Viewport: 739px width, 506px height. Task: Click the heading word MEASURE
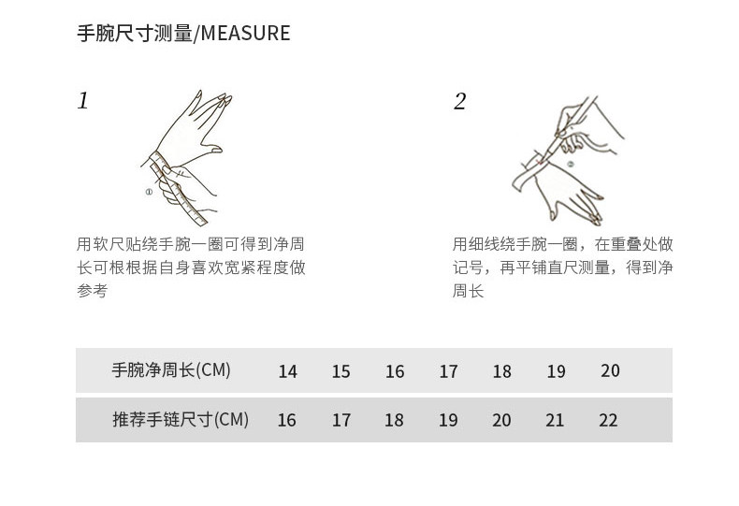[x=246, y=34]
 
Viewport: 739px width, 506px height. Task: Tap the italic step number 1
[x=83, y=101]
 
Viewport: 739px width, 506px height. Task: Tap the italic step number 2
[x=459, y=102]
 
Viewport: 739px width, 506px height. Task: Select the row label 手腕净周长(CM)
[x=171, y=370]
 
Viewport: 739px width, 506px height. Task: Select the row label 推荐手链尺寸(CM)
[x=181, y=420]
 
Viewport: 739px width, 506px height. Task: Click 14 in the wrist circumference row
[x=287, y=372]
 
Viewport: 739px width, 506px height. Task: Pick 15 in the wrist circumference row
[x=341, y=372]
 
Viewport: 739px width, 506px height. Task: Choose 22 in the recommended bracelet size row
[x=608, y=421]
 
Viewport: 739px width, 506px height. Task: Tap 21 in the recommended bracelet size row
[x=555, y=421]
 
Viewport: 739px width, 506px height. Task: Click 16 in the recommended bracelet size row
[x=286, y=421]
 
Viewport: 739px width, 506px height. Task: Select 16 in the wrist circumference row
[x=395, y=372]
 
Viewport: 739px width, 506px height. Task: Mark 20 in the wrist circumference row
[x=610, y=371]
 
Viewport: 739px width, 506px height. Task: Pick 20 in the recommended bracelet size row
[x=501, y=421]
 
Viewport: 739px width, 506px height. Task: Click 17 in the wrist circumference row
[x=448, y=372]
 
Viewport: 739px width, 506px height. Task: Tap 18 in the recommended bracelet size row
[x=394, y=421]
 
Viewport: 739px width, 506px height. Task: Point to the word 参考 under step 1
[x=92, y=292]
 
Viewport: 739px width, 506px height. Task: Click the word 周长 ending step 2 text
[x=468, y=292]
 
